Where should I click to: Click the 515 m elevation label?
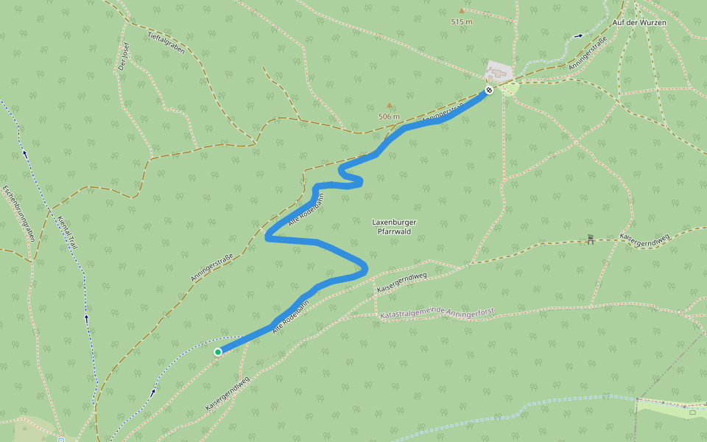tap(461, 22)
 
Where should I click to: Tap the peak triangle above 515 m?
tap(462, 11)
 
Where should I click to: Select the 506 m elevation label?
tap(389, 116)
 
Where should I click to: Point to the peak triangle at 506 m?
tap(390, 105)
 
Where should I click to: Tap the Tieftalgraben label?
tap(166, 43)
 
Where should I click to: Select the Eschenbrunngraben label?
tap(18, 213)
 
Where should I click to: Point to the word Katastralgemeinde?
tap(414, 315)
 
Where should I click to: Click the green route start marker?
tap(218, 352)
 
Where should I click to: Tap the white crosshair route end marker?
tap(488, 91)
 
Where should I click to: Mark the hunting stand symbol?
tap(590, 239)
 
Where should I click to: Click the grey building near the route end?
tap(499, 71)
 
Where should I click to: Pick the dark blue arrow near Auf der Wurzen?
tap(578, 35)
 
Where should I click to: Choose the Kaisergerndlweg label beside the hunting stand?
tap(644, 239)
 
